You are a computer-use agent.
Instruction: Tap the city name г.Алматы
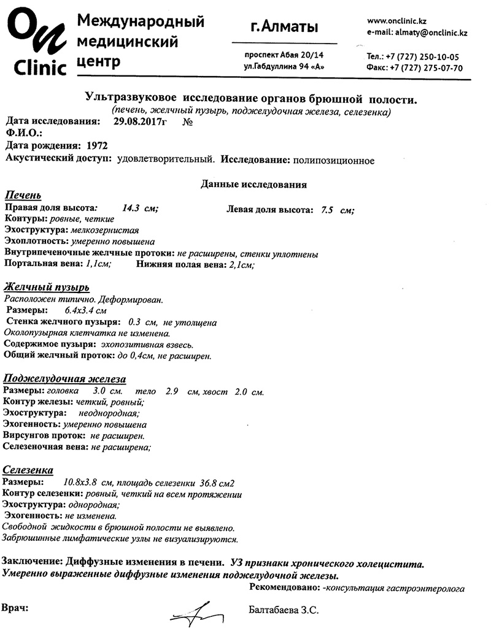284,27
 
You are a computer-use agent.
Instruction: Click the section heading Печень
23,196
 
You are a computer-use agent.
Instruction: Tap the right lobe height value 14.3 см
140,208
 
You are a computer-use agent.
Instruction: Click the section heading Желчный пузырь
47,288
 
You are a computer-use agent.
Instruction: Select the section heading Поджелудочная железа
64,378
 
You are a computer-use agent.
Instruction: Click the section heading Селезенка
28,470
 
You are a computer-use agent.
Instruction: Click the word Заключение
32,562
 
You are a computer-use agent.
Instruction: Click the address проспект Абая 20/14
284,55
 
